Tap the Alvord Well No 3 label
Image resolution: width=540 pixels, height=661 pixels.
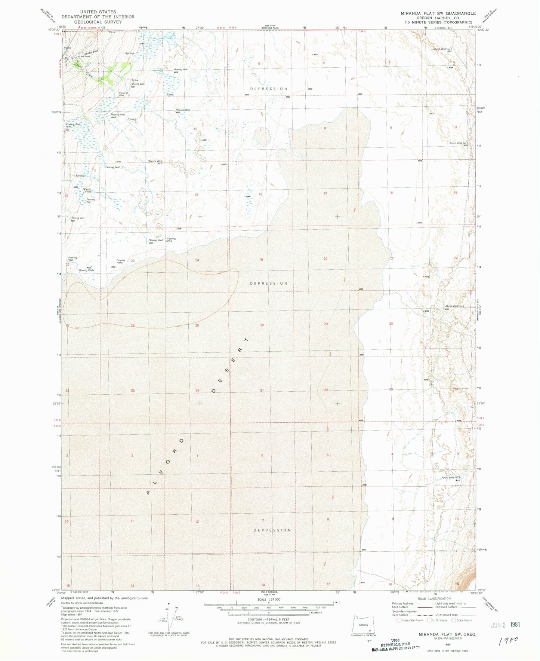pos(454,306)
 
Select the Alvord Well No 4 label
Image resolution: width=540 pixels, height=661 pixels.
pos(450,477)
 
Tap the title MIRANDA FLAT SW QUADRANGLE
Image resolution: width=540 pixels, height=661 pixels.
pos(438,13)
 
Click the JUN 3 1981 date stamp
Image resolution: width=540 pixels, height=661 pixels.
pos(504,624)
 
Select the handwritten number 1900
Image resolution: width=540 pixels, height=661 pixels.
pos(509,640)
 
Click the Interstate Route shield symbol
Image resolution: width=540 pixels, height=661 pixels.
pos(399,620)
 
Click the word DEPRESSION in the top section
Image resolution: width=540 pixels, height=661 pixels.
pos(269,89)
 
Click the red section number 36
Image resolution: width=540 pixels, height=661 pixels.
pos(197,391)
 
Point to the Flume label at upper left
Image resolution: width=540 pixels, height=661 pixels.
pos(67,48)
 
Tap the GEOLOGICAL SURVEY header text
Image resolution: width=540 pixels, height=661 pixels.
pos(98,22)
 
